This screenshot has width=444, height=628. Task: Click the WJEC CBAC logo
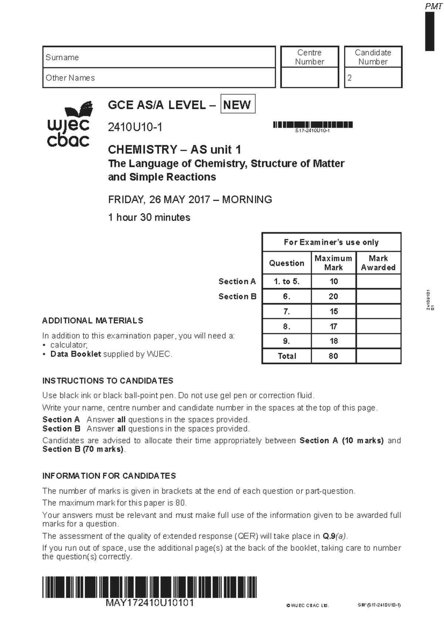point(69,124)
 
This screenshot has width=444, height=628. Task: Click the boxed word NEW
point(237,105)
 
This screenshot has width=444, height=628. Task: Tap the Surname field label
point(62,57)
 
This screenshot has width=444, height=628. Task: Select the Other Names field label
point(70,78)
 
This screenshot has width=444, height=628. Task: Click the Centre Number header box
point(310,57)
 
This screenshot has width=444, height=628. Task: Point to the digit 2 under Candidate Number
point(349,78)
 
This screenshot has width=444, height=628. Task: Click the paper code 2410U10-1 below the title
point(135,127)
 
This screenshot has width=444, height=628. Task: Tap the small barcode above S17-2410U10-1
point(313,124)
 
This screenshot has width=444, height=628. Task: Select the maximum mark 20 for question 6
point(333,296)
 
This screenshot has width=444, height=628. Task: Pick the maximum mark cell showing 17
point(333,326)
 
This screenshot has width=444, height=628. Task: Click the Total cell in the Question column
point(287,356)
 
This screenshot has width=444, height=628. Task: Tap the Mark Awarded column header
point(378,263)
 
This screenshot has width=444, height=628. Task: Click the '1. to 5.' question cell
point(286,281)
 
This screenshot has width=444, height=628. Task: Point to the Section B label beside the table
point(237,296)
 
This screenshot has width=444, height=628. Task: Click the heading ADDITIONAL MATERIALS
point(92,320)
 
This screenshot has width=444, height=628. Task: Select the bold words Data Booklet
point(75,354)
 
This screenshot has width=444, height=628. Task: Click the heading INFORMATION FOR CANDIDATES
point(109,476)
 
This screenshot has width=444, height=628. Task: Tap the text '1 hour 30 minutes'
point(149,217)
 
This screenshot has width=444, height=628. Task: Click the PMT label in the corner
point(433,6)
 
